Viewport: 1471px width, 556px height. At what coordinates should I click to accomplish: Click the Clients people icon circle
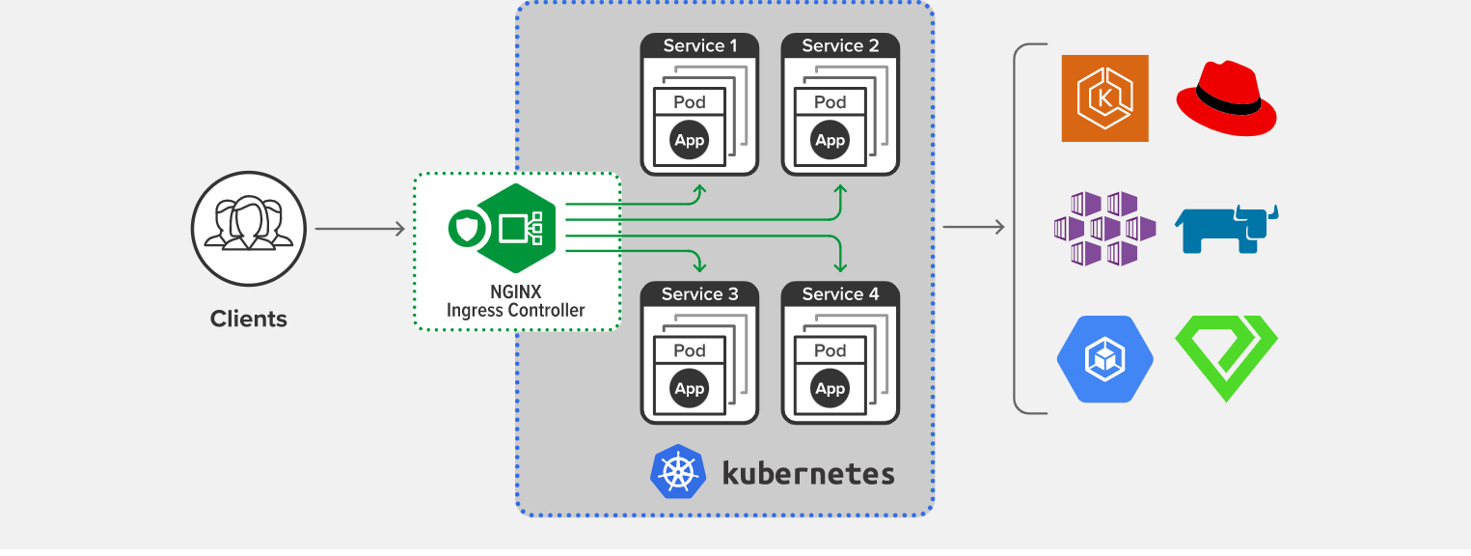pyautogui.click(x=249, y=230)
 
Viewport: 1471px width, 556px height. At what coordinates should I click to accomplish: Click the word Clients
pyautogui.click(x=249, y=319)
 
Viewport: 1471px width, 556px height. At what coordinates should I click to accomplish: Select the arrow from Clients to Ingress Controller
pyautogui.click(x=359, y=229)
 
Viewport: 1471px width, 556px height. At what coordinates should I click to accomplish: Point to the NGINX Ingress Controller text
pyautogui.click(x=515, y=301)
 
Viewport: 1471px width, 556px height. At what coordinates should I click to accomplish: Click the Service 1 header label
pyautogui.click(x=700, y=45)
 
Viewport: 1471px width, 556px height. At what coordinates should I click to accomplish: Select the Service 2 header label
pyautogui.click(x=840, y=45)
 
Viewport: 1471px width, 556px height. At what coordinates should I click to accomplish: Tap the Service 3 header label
pyautogui.click(x=700, y=294)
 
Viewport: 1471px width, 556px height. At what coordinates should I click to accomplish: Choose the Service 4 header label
pyautogui.click(x=840, y=294)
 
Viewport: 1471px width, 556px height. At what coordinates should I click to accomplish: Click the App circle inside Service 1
pyautogui.click(x=690, y=141)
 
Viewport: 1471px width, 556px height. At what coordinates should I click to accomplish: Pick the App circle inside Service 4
pyautogui.click(x=830, y=389)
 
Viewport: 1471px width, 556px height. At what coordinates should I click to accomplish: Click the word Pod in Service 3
pyautogui.click(x=690, y=350)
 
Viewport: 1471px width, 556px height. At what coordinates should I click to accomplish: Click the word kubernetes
pyautogui.click(x=808, y=473)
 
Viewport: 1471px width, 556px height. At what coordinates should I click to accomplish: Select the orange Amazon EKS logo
pyautogui.click(x=1104, y=98)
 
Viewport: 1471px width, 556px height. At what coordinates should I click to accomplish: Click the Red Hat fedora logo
pyautogui.click(x=1226, y=97)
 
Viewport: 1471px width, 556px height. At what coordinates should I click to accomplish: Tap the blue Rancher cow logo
pyautogui.click(x=1226, y=229)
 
